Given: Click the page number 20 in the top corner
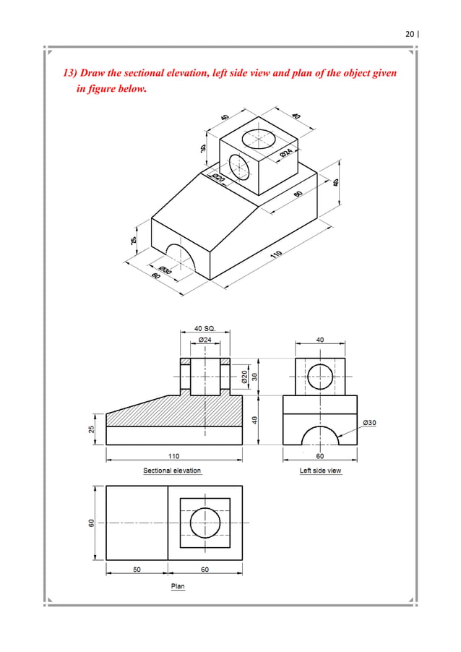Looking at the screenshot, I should pyautogui.click(x=410, y=33).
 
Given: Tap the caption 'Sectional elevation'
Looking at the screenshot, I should pyautogui.click(x=172, y=471).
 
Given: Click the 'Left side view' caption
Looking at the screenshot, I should pyautogui.click(x=320, y=471).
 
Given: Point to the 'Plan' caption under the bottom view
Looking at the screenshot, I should pyautogui.click(x=177, y=585).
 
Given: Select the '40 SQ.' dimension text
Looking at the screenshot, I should pyautogui.click(x=205, y=327).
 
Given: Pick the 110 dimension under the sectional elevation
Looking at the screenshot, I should pyautogui.click(x=174, y=456).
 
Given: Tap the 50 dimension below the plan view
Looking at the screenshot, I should pyautogui.click(x=137, y=570).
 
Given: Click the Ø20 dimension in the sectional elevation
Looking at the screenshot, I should pyautogui.click(x=244, y=377).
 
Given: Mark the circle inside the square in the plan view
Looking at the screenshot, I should pyautogui.click(x=204, y=522).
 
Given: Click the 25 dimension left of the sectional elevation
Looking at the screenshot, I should pyautogui.click(x=92, y=429).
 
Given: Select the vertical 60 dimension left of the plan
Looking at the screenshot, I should pyautogui.click(x=92, y=523).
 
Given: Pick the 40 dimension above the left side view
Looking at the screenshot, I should pyautogui.click(x=320, y=338).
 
